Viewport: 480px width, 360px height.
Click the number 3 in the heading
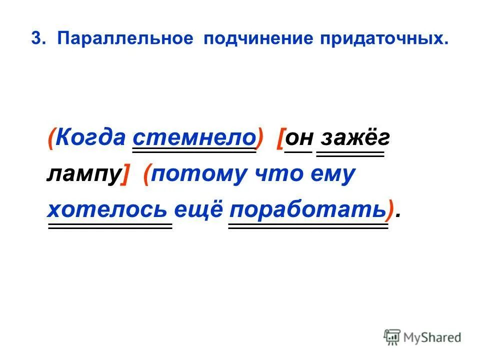[x=35, y=39]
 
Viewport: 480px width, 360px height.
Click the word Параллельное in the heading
[x=125, y=39]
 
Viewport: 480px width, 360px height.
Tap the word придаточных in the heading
[x=384, y=39]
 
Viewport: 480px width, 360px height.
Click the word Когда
[x=89, y=137]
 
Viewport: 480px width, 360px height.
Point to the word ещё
[x=200, y=210]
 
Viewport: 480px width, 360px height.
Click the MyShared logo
[x=422, y=337]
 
